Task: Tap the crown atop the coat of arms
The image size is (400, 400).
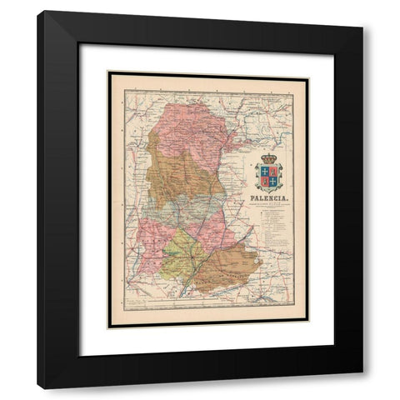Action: click(268, 158)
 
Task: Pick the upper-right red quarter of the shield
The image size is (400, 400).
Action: click(272, 171)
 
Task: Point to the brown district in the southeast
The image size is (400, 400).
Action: click(229, 267)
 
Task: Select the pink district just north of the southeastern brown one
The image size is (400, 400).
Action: click(212, 229)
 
